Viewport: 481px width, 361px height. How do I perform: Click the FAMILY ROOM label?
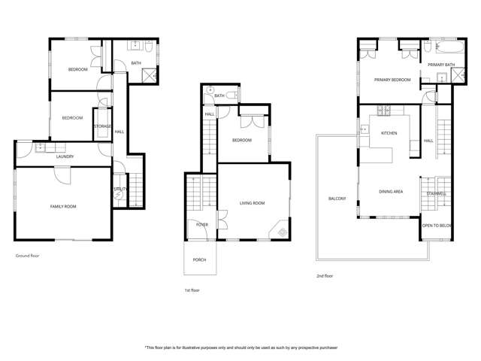pyautogui.click(x=63, y=206)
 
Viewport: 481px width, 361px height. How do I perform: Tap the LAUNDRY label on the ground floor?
pyautogui.click(x=65, y=156)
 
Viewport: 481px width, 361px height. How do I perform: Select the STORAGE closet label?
pyautogui.click(x=102, y=126)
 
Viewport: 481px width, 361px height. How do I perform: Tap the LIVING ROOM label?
pyautogui.click(x=252, y=203)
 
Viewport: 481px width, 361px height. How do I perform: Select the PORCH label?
pyautogui.click(x=199, y=259)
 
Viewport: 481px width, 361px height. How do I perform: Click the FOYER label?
pyautogui.click(x=201, y=224)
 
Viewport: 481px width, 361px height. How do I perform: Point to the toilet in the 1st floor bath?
pyautogui.click(x=233, y=96)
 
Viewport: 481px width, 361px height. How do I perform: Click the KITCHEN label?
pyautogui.click(x=389, y=132)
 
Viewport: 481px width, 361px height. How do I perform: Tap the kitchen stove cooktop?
pyautogui.click(x=385, y=111)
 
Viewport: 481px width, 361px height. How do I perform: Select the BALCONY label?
pyautogui.click(x=337, y=199)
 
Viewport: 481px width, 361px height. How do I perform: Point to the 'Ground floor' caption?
pyautogui.click(x=28, y=256)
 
